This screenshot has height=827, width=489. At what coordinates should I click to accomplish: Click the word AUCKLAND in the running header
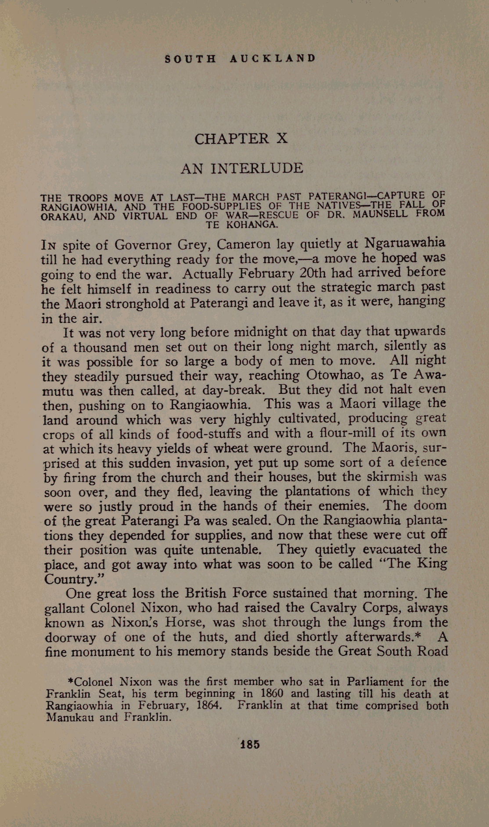point(272,58)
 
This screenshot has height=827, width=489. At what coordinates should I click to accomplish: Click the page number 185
point(249,745)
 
